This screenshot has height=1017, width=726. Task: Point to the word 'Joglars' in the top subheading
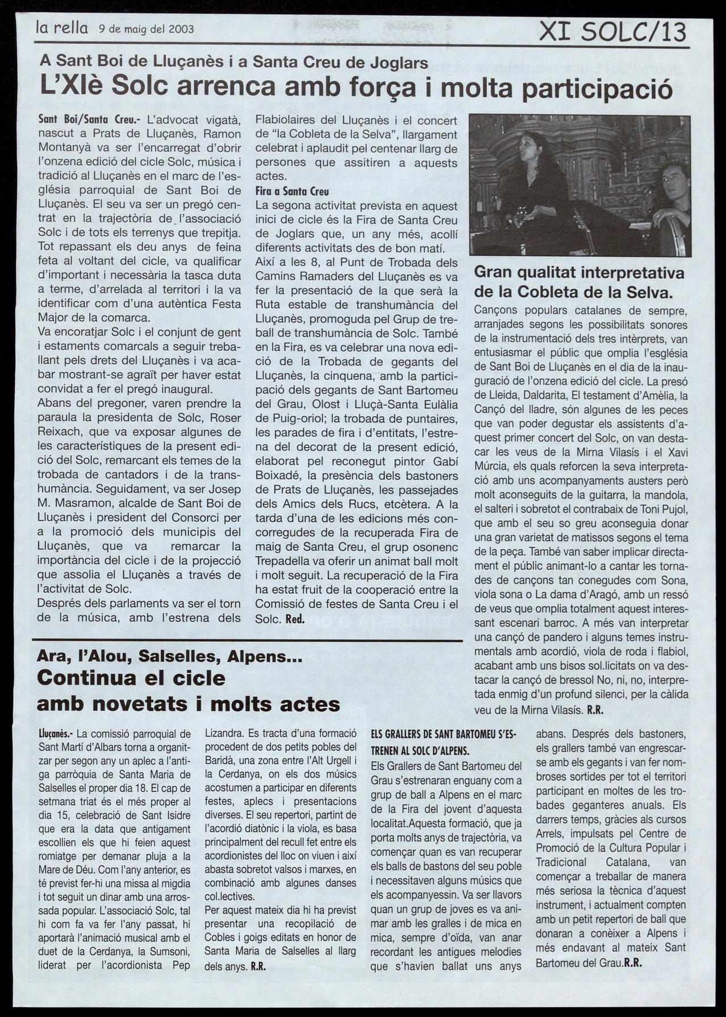pos(401,63)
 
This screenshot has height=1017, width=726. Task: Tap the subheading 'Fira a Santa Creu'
pos(292,192)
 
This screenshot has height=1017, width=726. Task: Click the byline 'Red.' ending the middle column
pos(295,620)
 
